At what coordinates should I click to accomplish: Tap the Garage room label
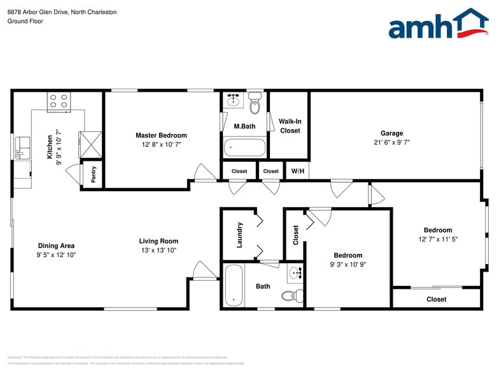(391, 133)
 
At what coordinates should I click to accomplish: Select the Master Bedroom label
(161, 135)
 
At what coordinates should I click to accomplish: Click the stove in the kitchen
(59, 101)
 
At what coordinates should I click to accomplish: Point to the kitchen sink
(21, 147)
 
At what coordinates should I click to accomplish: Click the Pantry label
(94, 175)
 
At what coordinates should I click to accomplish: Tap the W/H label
(297, 171)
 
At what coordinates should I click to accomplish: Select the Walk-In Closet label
(290, 126)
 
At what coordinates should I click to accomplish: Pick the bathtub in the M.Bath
(244, 148)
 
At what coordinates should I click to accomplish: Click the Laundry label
(239, 235)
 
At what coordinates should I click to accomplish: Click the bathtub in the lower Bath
(234, 285)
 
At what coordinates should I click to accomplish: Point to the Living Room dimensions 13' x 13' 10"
(158, 251)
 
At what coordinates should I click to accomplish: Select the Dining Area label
(57, 246)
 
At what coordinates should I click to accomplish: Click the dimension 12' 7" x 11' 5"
(438, 239)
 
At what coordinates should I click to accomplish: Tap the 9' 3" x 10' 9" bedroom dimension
(348, 264)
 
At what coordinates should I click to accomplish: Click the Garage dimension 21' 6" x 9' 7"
(391, 143)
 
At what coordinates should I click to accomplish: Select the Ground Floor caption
(25, 21)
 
